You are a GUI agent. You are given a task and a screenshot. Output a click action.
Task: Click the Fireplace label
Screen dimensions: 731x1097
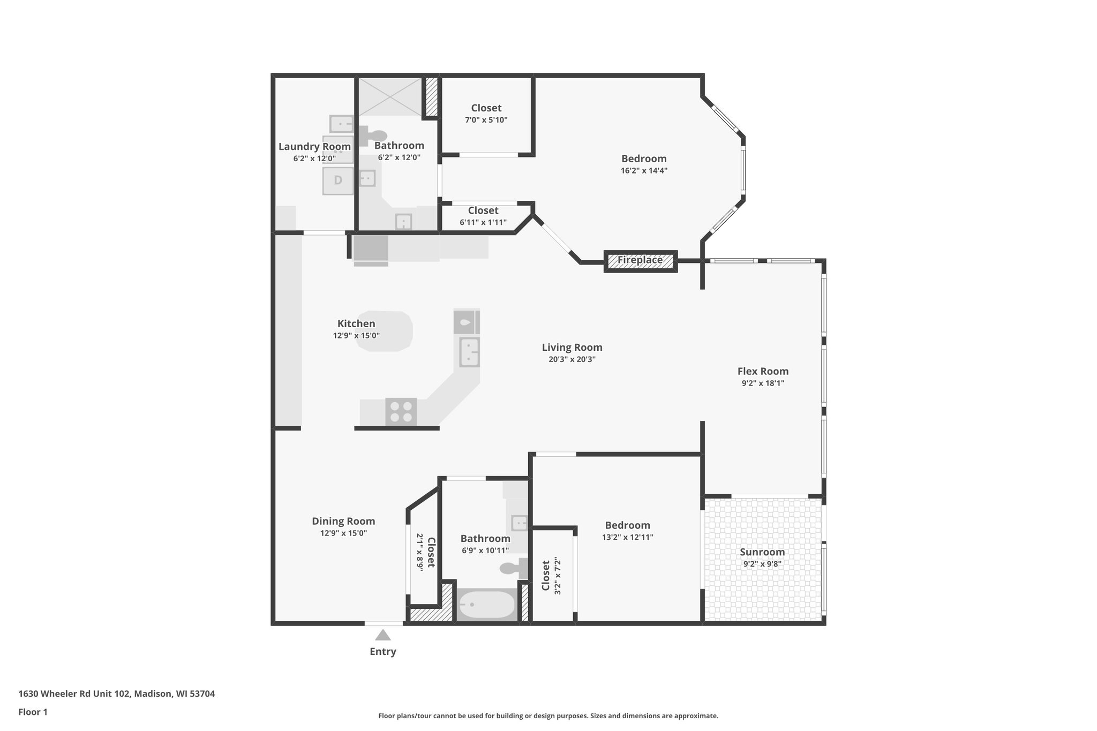point(640,260)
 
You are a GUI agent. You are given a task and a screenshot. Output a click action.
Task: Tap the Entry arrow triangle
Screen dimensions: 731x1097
point(382,636)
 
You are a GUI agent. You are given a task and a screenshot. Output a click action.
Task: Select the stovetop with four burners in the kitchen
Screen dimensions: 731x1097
point(401,412)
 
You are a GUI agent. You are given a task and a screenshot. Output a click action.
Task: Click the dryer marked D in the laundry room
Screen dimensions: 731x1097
point(338,180)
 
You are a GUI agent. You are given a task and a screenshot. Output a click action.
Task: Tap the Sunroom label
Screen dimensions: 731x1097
point(762,552)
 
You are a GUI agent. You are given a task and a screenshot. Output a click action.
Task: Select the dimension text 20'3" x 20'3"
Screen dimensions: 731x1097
point(572,359)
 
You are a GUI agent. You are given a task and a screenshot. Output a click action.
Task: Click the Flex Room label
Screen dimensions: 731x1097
point(763,371)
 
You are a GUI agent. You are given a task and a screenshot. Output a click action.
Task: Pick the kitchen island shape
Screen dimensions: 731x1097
point(384,331)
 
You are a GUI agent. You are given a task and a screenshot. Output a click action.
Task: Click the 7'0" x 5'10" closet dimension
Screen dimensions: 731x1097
point(486,120)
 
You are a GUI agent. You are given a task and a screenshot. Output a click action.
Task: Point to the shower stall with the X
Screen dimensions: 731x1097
point(390,96)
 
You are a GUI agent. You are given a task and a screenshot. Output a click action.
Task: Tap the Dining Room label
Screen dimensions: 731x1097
point(343,521)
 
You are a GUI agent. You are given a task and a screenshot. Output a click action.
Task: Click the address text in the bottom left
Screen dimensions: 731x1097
point(117,694)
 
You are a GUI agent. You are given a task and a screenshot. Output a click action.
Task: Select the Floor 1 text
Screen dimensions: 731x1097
point(33,712)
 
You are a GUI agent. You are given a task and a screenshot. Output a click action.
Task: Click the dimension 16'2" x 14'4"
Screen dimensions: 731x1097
point(644,171)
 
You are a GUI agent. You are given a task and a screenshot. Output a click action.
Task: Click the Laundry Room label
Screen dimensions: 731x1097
point(314,147)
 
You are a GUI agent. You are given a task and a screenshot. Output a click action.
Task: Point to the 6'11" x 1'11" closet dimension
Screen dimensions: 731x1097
point(483,222)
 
